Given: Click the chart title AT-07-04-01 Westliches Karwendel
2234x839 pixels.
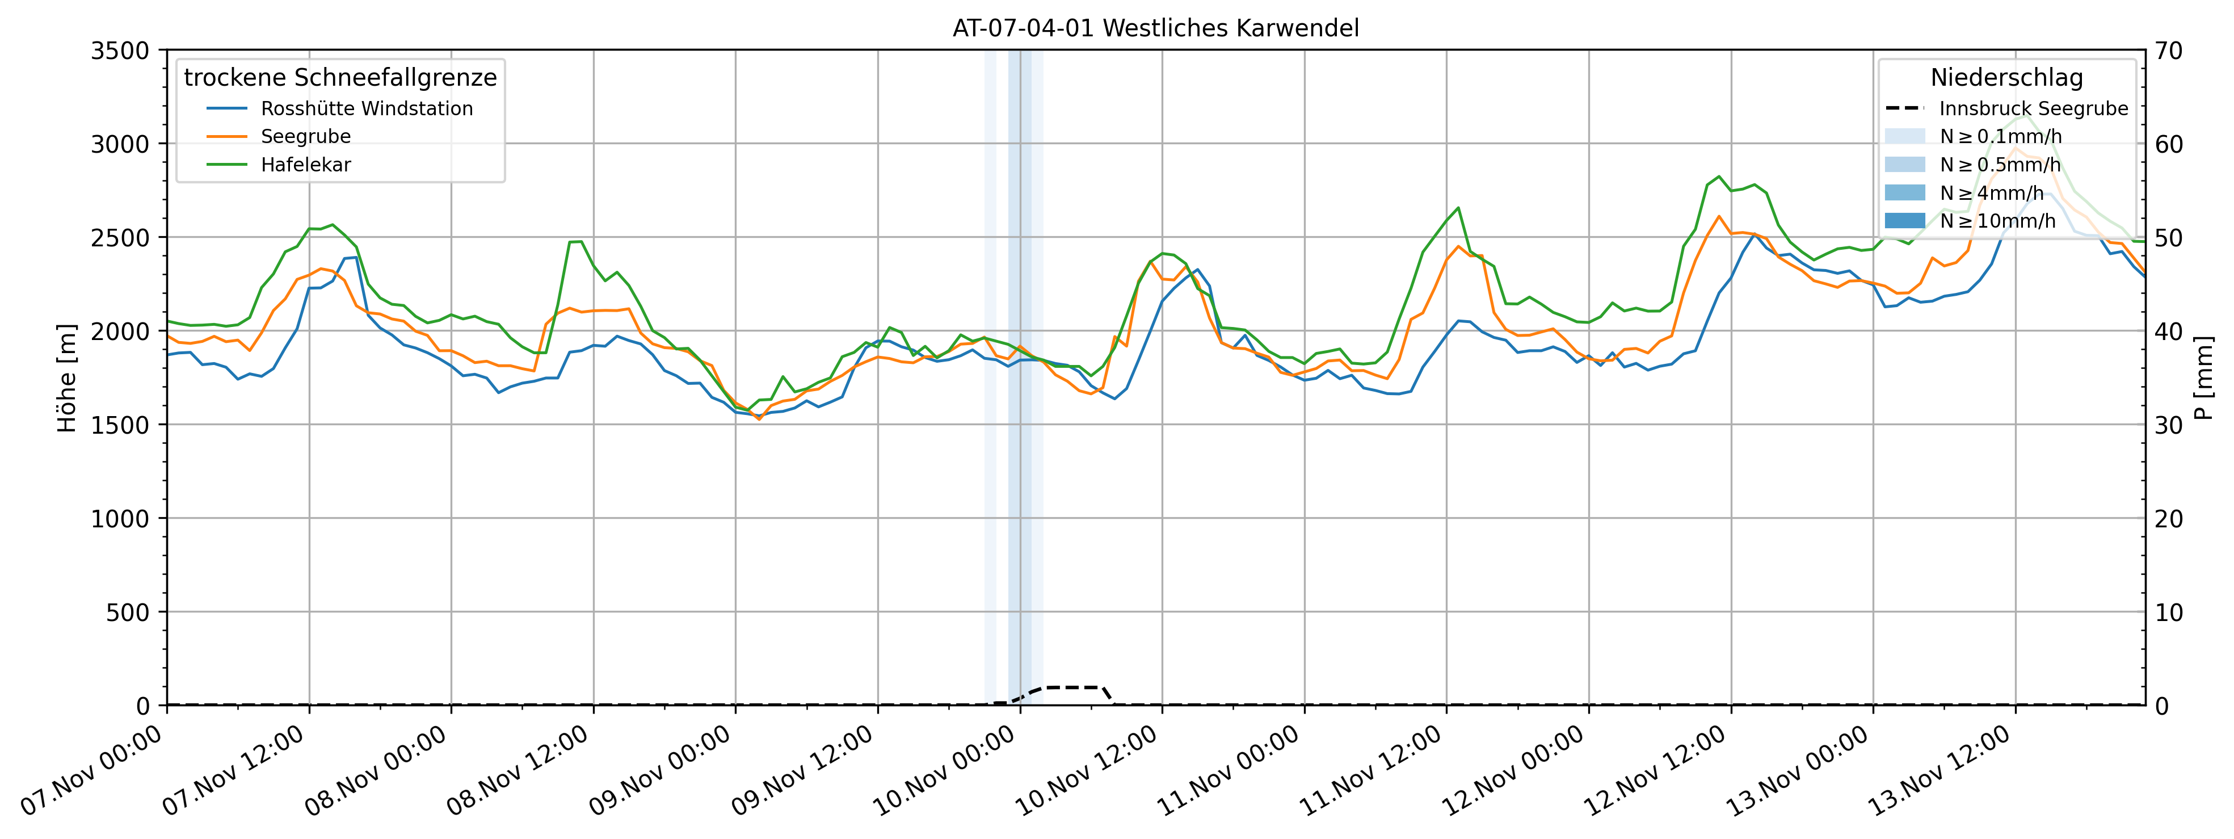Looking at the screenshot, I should coord(1155,28).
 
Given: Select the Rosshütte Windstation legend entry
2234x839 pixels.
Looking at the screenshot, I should coord(366,108).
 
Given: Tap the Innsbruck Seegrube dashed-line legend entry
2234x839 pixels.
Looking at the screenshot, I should coord(2033,108).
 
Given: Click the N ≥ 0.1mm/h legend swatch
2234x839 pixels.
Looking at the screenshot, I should coord(1904,136).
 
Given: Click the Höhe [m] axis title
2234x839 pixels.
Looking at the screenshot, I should coord(67,377).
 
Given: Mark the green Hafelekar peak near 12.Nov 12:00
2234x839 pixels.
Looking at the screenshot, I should coord(1719,177).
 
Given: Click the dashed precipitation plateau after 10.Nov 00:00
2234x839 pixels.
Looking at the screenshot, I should coord(1071,687).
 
